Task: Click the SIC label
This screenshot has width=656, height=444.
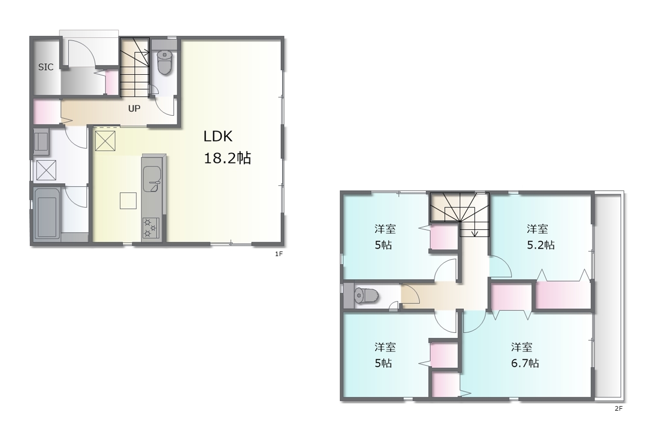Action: (46, 67)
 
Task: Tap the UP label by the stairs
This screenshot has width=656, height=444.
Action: (134, 109)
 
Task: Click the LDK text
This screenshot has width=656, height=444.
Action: (218, 136)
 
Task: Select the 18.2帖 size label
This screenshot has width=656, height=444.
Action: (227, 158)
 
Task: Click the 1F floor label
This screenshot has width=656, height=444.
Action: (279, 254)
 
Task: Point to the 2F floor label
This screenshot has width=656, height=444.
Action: (619, 409)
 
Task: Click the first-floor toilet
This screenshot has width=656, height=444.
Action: (165, 62)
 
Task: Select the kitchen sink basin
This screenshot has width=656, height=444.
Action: (152, 179)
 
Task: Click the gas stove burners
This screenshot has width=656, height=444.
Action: (151, 228)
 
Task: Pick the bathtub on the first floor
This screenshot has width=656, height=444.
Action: (46, 214)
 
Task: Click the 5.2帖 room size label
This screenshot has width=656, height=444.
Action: (541, 245)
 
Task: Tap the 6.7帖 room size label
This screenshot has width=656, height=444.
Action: (525, 363)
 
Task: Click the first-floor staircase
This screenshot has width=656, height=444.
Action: (135, 67)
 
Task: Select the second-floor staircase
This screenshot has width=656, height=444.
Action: (460, 214)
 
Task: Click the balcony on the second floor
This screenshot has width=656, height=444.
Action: (608, 296)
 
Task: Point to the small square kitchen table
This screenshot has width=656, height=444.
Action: (128, 200)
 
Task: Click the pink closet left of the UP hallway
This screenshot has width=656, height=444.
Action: (47, 112)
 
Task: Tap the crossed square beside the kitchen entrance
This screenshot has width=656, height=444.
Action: (105, 141)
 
